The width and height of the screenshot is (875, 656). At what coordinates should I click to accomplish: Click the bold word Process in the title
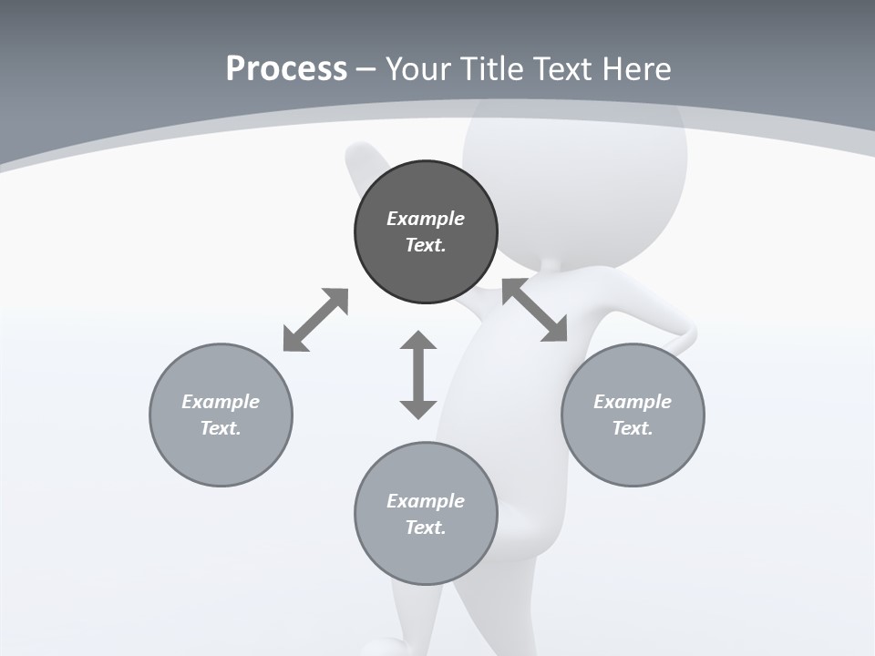pos(286,69)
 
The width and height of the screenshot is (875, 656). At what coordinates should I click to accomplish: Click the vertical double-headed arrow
pos(418,374)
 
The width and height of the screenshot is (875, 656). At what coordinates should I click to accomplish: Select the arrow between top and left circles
pos(316,319)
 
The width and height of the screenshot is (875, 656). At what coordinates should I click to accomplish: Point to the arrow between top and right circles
pos(535,310)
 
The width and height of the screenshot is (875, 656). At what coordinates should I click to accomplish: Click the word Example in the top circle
pos(426,219)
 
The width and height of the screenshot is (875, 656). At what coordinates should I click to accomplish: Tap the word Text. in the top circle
pos(426,245)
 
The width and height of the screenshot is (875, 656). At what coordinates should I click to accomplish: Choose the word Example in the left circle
pos(221,402)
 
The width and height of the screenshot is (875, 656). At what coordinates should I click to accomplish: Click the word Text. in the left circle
pos(221,428)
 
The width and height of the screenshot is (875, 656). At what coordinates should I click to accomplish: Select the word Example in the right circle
pos(633,402)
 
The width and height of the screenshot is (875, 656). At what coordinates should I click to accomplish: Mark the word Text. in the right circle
pos(633,428)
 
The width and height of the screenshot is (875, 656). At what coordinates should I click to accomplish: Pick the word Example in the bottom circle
pos(426,501)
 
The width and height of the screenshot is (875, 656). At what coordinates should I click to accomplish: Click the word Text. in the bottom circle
pos(426,528)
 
